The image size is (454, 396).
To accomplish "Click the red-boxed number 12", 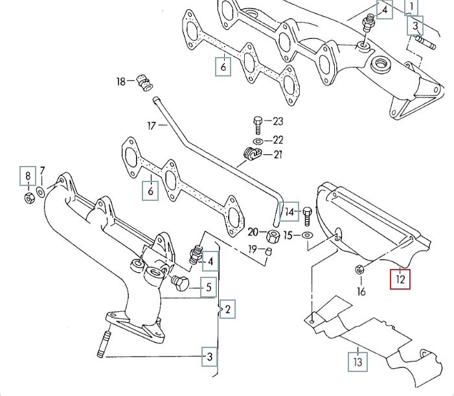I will click(400, 279).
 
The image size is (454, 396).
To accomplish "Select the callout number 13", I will click(357, 360).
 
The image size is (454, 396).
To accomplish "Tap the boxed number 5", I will click(208, 286).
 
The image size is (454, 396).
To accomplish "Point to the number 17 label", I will click(152, 126).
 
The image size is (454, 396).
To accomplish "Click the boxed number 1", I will click(411, 7).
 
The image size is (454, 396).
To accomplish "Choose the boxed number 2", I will click(227, 310).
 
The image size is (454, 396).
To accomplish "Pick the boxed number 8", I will click(27, 175).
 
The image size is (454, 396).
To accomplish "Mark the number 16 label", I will click(361, 291).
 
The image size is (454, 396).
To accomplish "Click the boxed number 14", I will click(289, 211).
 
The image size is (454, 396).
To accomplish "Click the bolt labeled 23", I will click(257, 122).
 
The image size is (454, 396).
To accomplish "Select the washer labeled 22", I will click(257, 140).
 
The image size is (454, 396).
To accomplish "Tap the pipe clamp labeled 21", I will click(251, 155).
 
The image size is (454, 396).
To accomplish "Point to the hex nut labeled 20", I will click(273, 235).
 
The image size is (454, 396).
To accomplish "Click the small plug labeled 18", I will click(145, 82).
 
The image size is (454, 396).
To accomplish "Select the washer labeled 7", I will click(40, 192).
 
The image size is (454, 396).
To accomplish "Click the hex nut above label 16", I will click(360, 269).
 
